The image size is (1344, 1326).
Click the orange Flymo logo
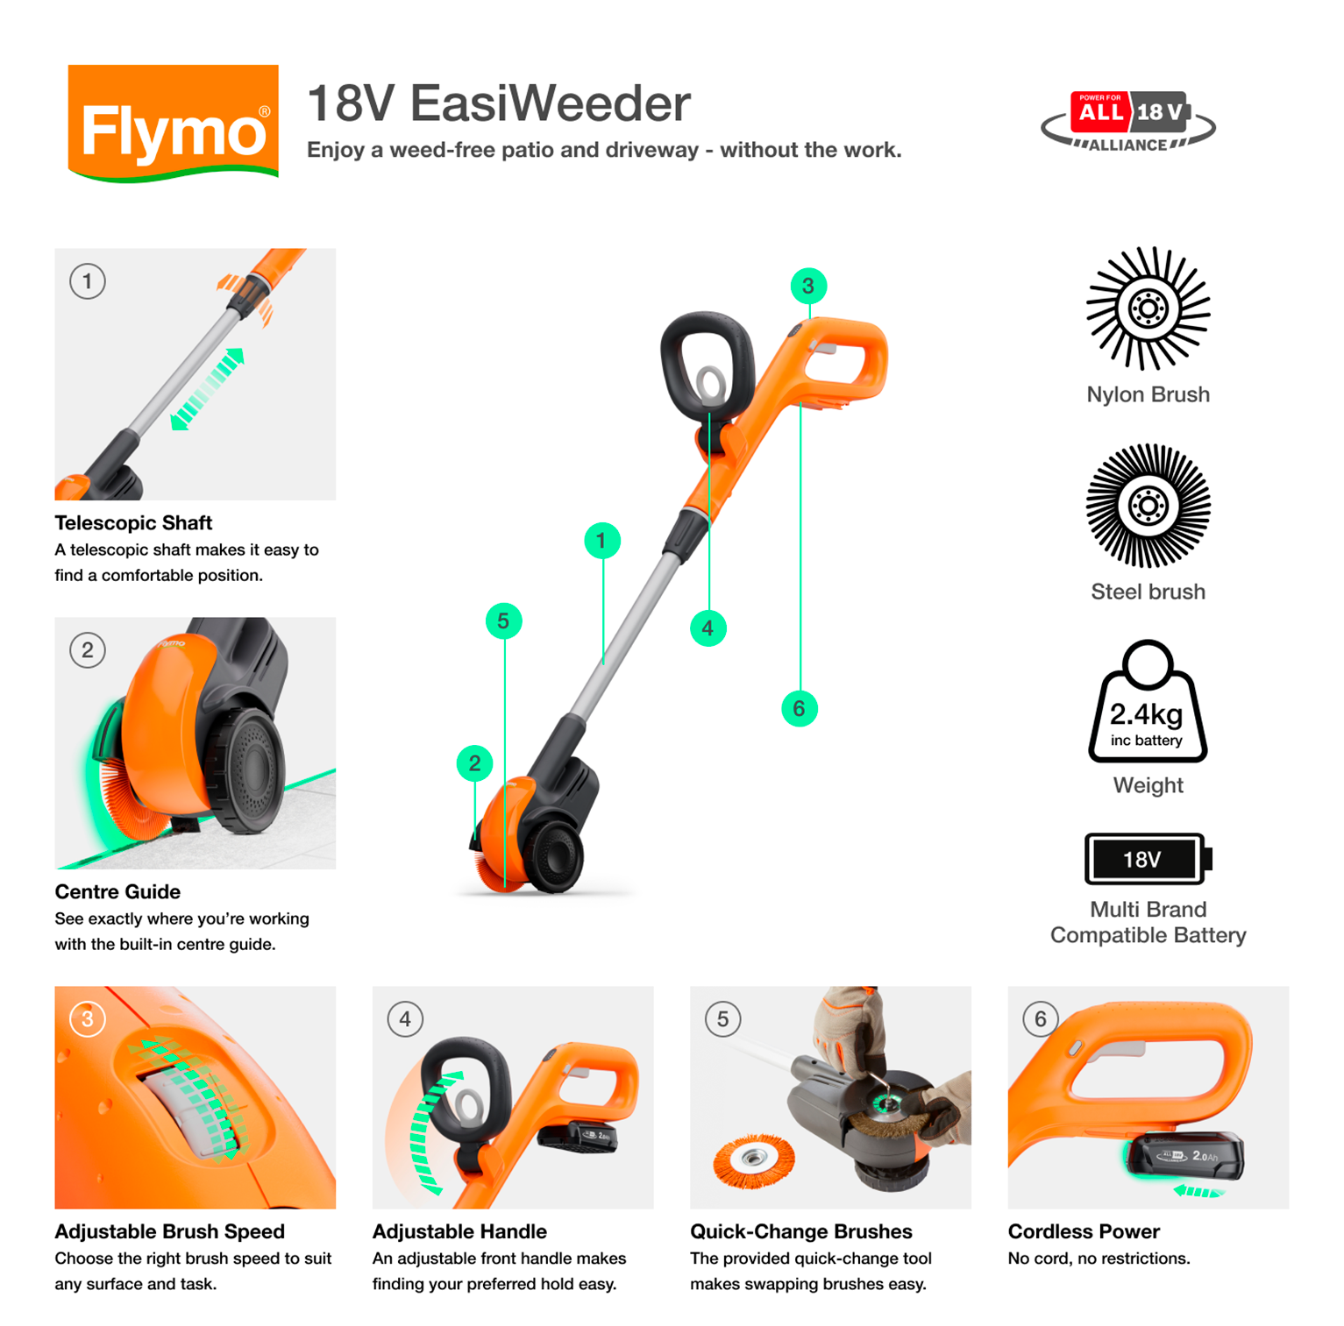pyautogui.click(x=173, y=123)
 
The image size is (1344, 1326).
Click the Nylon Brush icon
pyautogui.click(x=1148, y=308)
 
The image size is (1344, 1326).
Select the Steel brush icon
pyautogui.click(x=1148, y=506)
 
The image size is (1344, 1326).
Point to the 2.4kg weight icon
pyautogui.click(x=1147, y=705)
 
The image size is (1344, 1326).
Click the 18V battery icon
pyautogui.click(x=1147, y=859)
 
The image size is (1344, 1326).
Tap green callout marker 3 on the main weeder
pyautogui.click(x=807, y=286)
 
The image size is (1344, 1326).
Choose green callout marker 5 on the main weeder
pyautogui.click(x=503, y=621)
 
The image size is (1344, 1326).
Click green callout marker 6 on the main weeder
pyautogui.click(x=799, y=708)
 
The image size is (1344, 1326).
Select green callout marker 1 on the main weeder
pyautogui.click(x=601, y=541)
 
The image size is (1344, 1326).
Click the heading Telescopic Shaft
pyautogui.click(x=133, y=523)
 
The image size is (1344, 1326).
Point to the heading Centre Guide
pyautogui.click(x=117, y=892)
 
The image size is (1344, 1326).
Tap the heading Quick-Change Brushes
pyautogui.click(x=800, y=1231)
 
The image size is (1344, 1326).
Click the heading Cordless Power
pyautogui.click(x=1083, y=1231)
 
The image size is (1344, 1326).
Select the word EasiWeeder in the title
pyautogui.click(x=550, y=103)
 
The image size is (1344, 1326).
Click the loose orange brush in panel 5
pyautogui.click(x=753, y=1160)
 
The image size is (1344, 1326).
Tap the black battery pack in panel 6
pyautogui.click(x=1184, y=1157)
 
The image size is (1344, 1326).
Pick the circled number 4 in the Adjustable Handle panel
pyautogui.click(x=405, y=1019)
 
